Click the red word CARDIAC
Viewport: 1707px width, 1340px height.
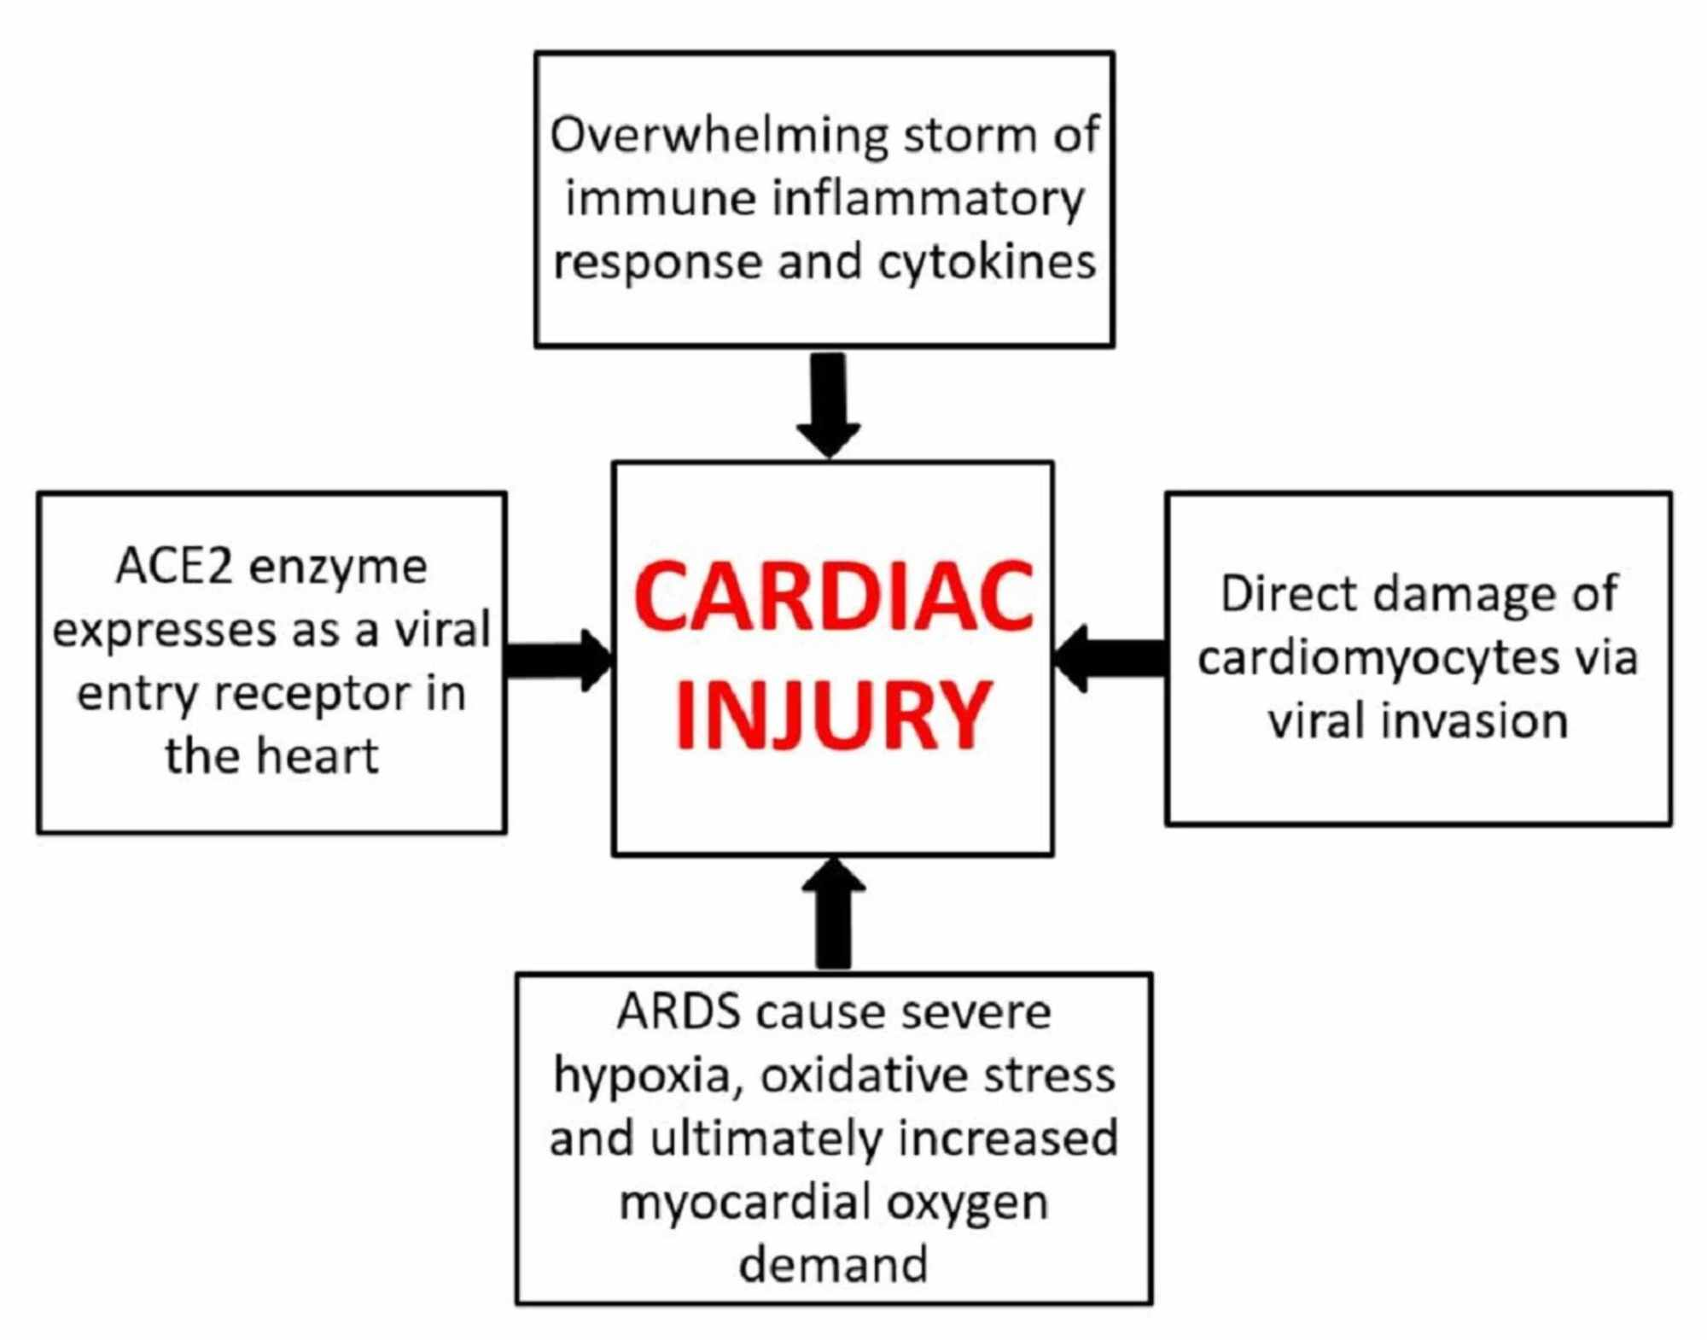[833, 597]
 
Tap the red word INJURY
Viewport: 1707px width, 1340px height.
[833, 715]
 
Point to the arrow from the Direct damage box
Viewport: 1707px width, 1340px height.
[1110, 658]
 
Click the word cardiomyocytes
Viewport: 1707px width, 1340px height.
[1366, 658]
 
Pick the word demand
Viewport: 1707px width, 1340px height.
[833, 1265]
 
